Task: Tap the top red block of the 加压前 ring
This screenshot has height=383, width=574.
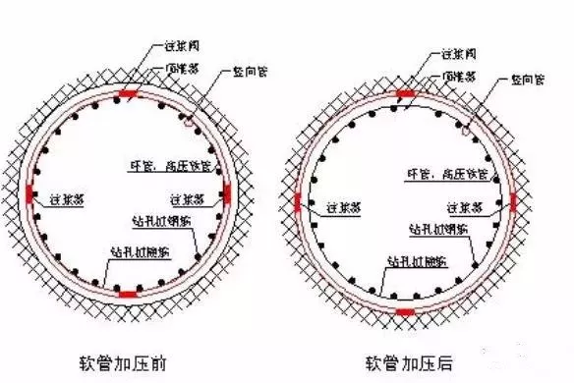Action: point(127,94)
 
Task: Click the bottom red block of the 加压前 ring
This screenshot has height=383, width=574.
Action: point(128,293)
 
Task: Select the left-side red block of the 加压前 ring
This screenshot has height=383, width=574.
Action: point(31,192)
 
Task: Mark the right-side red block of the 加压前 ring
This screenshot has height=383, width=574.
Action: point(227,193)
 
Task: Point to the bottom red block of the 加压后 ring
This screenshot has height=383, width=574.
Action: point(405,312)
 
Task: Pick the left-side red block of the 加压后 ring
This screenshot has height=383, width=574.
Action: point(298,202)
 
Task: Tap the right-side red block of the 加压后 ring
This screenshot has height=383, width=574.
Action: point(512,202)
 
